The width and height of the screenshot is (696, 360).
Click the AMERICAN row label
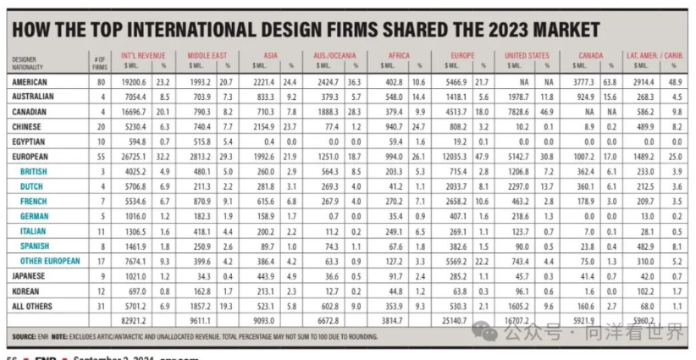point(30,82)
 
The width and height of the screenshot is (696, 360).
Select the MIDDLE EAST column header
point(207,56)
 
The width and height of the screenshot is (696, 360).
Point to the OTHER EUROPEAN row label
point(50,262)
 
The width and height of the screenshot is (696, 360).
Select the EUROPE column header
point(462,56)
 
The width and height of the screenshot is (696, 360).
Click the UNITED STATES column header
point(527,56)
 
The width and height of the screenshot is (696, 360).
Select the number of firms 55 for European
point(101,158)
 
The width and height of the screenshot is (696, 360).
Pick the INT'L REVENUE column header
point(141,56)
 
